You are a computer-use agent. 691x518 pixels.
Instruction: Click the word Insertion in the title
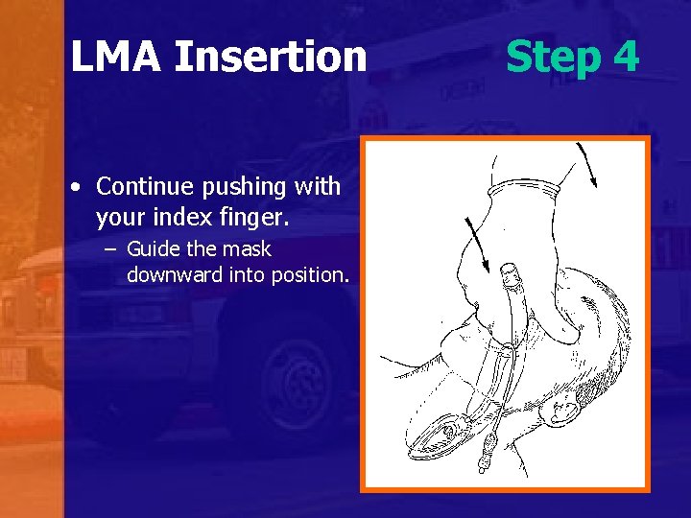(x=271, y=57)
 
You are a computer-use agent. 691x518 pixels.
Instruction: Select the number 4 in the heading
(x=625, y=57)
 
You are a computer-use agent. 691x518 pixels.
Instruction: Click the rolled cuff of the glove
(x=524, y=193)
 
